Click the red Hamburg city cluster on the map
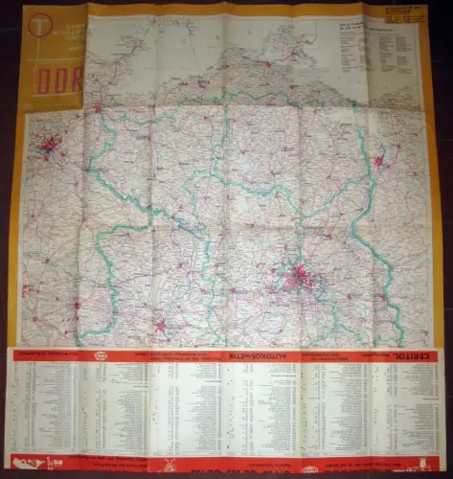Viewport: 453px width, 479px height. pyautogui.click(x=48, y=147)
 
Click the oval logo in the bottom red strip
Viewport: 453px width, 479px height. pyautogui.click(x=309, y=468)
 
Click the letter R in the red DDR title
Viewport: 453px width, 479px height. pyautogui.click(x=75, y=81)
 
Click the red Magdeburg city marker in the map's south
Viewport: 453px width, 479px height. pyautogui.click(x=160, y=325)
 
